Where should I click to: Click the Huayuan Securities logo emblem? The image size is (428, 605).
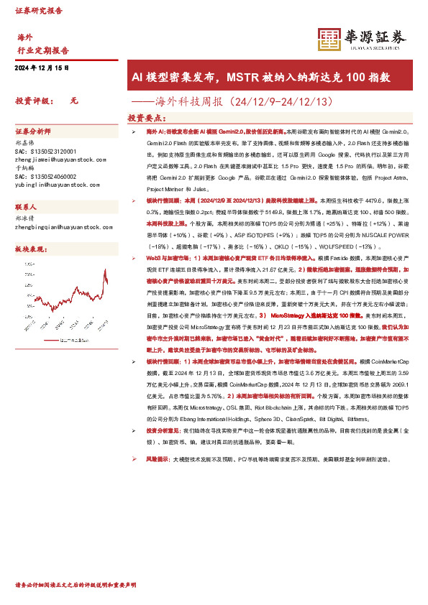point(329,40)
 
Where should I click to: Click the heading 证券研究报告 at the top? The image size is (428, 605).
point(39,11)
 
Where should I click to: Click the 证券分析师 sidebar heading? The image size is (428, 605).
point(33,132)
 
